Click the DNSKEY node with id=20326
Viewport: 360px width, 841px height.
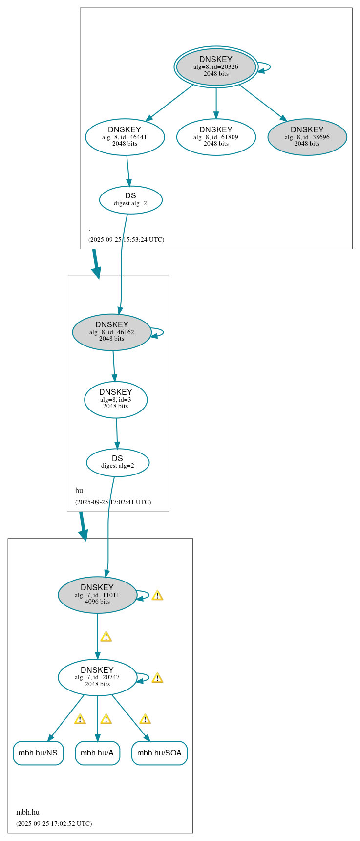[216, 67]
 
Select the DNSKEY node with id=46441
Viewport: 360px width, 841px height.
[125, 137]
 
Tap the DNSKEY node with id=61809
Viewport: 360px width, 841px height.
[216, 137]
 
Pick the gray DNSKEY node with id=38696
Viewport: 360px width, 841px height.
[307, 137]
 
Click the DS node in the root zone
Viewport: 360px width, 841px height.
[130, 200]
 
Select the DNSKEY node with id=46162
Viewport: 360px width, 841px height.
[111, 332]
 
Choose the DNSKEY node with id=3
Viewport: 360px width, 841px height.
[116, 399]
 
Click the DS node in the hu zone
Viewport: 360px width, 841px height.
[118, 462]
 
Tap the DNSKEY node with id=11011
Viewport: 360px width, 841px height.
[97, 595]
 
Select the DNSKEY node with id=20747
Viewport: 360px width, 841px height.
[97, 677]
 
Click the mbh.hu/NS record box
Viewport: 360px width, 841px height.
[38, 753]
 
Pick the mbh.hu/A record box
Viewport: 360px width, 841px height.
[97, 753]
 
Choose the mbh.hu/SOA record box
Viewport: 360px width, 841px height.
[159, 753]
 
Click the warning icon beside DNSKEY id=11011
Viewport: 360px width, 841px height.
[157, 595]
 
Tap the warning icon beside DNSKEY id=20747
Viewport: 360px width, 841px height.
[157, 678]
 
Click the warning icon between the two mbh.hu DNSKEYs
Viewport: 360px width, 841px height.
[106, 637]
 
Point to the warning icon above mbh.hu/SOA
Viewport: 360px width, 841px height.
[145, 719]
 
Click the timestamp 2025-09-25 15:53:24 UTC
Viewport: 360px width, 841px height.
[126, 240]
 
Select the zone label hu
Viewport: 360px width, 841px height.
[79, 491]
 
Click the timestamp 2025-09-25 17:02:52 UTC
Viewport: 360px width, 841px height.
[54, 823]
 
